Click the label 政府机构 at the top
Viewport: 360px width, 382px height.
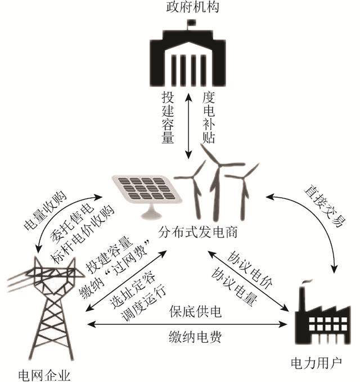point(193,7)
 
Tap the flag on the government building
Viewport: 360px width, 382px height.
point(192,23)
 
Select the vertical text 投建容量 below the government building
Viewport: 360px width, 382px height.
point(168,117)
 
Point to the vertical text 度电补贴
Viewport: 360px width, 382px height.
point(209,117)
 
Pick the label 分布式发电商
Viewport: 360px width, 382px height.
point(197,232)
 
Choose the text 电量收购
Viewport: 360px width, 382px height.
point(45,211)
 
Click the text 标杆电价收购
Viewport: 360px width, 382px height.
point(82,234)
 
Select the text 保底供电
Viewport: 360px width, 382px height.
point(195,311)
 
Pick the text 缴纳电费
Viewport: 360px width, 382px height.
point(195,337)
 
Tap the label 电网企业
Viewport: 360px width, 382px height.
point(44,376)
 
